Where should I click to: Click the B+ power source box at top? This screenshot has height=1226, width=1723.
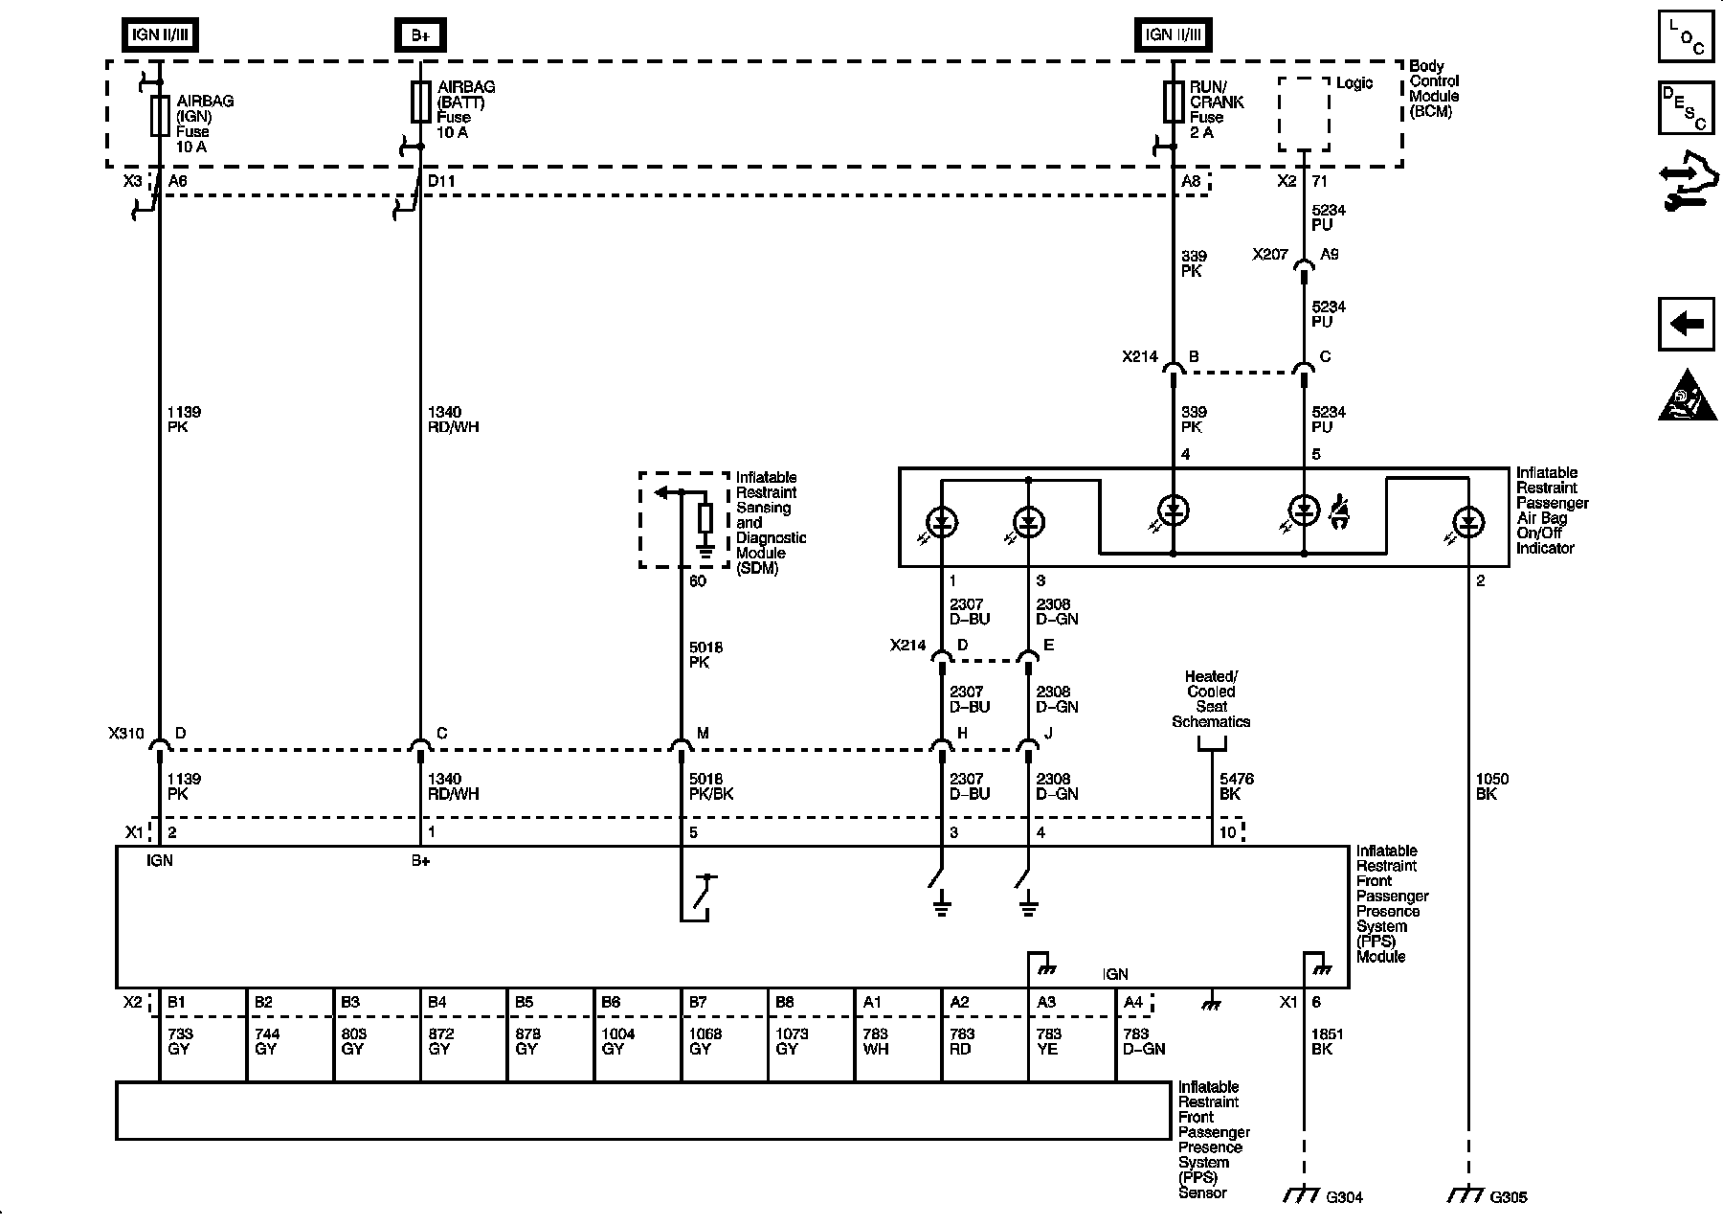pos(420,35)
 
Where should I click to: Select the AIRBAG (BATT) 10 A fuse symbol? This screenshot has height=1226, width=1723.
pos(420,102)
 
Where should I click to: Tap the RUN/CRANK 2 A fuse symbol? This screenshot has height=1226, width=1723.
pos(1174,102)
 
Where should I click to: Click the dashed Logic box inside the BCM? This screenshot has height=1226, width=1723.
pos(1304,114)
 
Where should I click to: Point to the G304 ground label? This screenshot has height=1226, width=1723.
pos(1344,1196)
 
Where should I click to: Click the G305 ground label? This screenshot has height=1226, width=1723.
pos(1509,1196)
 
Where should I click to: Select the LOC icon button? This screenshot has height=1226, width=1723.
pos(1686,36)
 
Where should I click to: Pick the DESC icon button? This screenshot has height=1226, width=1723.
pos(1686,107)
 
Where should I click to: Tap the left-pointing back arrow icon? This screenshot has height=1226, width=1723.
pos(1686,324)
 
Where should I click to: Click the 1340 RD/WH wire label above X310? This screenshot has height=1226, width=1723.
pos(453,420)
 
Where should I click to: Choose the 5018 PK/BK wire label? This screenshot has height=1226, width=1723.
pos(712,786)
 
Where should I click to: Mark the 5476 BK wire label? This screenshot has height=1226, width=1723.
pos(1237,786)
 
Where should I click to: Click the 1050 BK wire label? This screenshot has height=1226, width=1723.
pos(1492,786)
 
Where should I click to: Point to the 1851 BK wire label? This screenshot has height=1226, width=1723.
pos(1329,1041)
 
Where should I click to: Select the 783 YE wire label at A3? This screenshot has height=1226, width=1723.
pos(1048,1041)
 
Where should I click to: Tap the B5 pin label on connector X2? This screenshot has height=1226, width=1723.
pos(524,1002)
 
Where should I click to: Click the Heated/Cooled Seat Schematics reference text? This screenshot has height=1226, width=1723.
pos(1211,699)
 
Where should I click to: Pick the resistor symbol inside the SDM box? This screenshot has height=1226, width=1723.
pos(705,518)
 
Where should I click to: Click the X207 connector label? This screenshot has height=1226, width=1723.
pos(1270,255)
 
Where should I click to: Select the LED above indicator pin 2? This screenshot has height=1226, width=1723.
pos(1467,523)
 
